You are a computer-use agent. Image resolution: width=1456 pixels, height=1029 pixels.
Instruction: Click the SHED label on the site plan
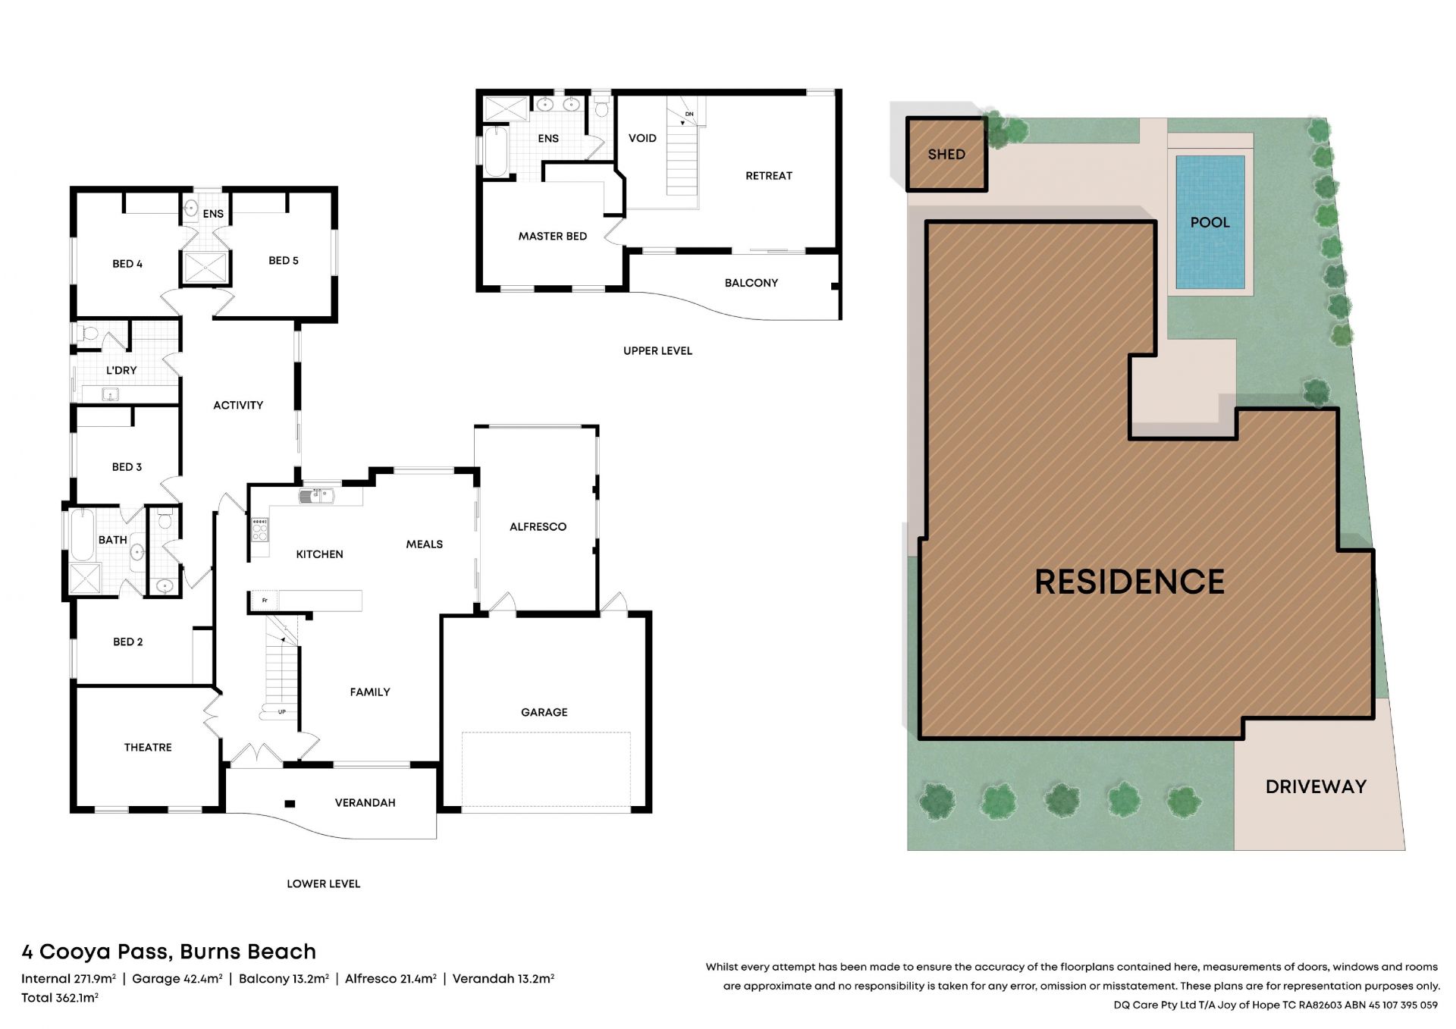tap(946, 154)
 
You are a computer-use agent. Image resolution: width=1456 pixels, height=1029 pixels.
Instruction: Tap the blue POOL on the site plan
tap(1210, 222)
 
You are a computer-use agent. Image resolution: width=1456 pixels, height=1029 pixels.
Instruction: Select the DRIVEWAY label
tap(1316, 786)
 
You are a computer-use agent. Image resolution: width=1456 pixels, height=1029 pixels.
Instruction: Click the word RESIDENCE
tap(1129, 582)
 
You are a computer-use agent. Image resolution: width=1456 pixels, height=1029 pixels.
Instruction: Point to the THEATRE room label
tap(148, 747)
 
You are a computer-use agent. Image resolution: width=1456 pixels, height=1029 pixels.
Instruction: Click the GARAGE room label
tap(544, 712)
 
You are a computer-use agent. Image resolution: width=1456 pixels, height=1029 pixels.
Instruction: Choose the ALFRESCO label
tap(538, 526)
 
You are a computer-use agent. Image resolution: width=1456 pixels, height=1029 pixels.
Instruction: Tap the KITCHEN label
tap(319, 554)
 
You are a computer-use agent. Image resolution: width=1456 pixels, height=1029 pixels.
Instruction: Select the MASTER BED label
tap(553, 236)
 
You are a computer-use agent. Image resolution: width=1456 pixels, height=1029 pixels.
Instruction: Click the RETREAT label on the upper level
tap(769, 175)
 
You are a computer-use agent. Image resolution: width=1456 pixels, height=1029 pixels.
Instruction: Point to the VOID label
tap(642, 138)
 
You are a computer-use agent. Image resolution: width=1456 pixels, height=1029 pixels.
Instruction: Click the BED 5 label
tap(284, 260)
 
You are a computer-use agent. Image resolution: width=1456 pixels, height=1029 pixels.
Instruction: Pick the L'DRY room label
tap(121, 370)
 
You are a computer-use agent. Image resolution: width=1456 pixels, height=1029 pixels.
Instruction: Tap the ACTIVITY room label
tap(238, 405)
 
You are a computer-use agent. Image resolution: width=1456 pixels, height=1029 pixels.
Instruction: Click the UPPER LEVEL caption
tap(657, 350)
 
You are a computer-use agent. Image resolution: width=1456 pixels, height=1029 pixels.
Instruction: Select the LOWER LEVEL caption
tap(323, 883)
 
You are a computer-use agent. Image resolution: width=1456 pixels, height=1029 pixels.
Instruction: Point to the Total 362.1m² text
tap(60, 998)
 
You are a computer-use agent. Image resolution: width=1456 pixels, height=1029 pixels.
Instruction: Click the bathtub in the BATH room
tap(82, 535)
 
